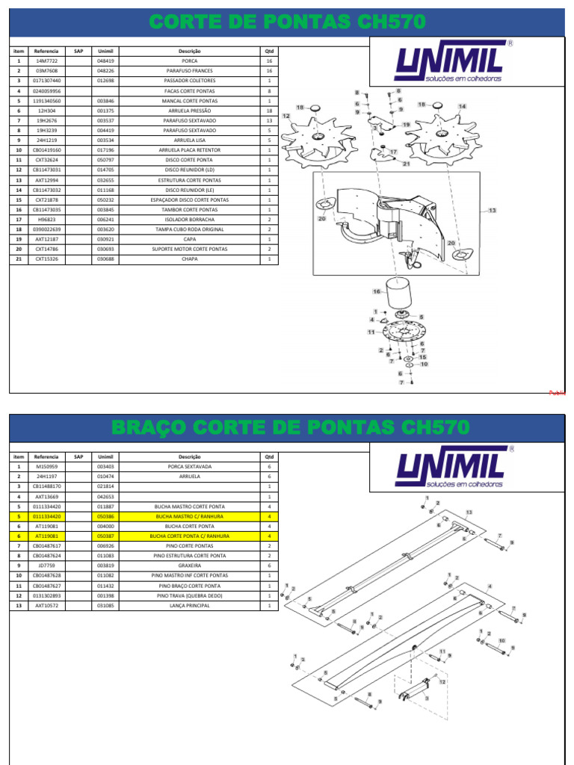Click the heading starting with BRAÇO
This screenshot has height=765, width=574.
click(290, 428)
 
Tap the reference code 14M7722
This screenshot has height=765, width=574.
click(46, 61)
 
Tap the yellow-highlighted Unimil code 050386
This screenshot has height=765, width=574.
click(105, 516)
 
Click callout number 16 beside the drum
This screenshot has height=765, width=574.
click(377, 292)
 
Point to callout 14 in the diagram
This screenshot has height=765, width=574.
click(462, 107)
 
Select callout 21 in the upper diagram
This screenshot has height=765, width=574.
click(406, 164)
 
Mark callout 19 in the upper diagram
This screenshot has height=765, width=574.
click(406, 124)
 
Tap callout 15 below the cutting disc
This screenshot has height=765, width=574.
click(422, 357)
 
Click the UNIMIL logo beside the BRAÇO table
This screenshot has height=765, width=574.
click(451, 468)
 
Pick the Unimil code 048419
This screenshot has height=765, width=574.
click(105, 61)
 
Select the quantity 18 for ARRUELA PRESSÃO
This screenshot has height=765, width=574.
click(269, 111)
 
